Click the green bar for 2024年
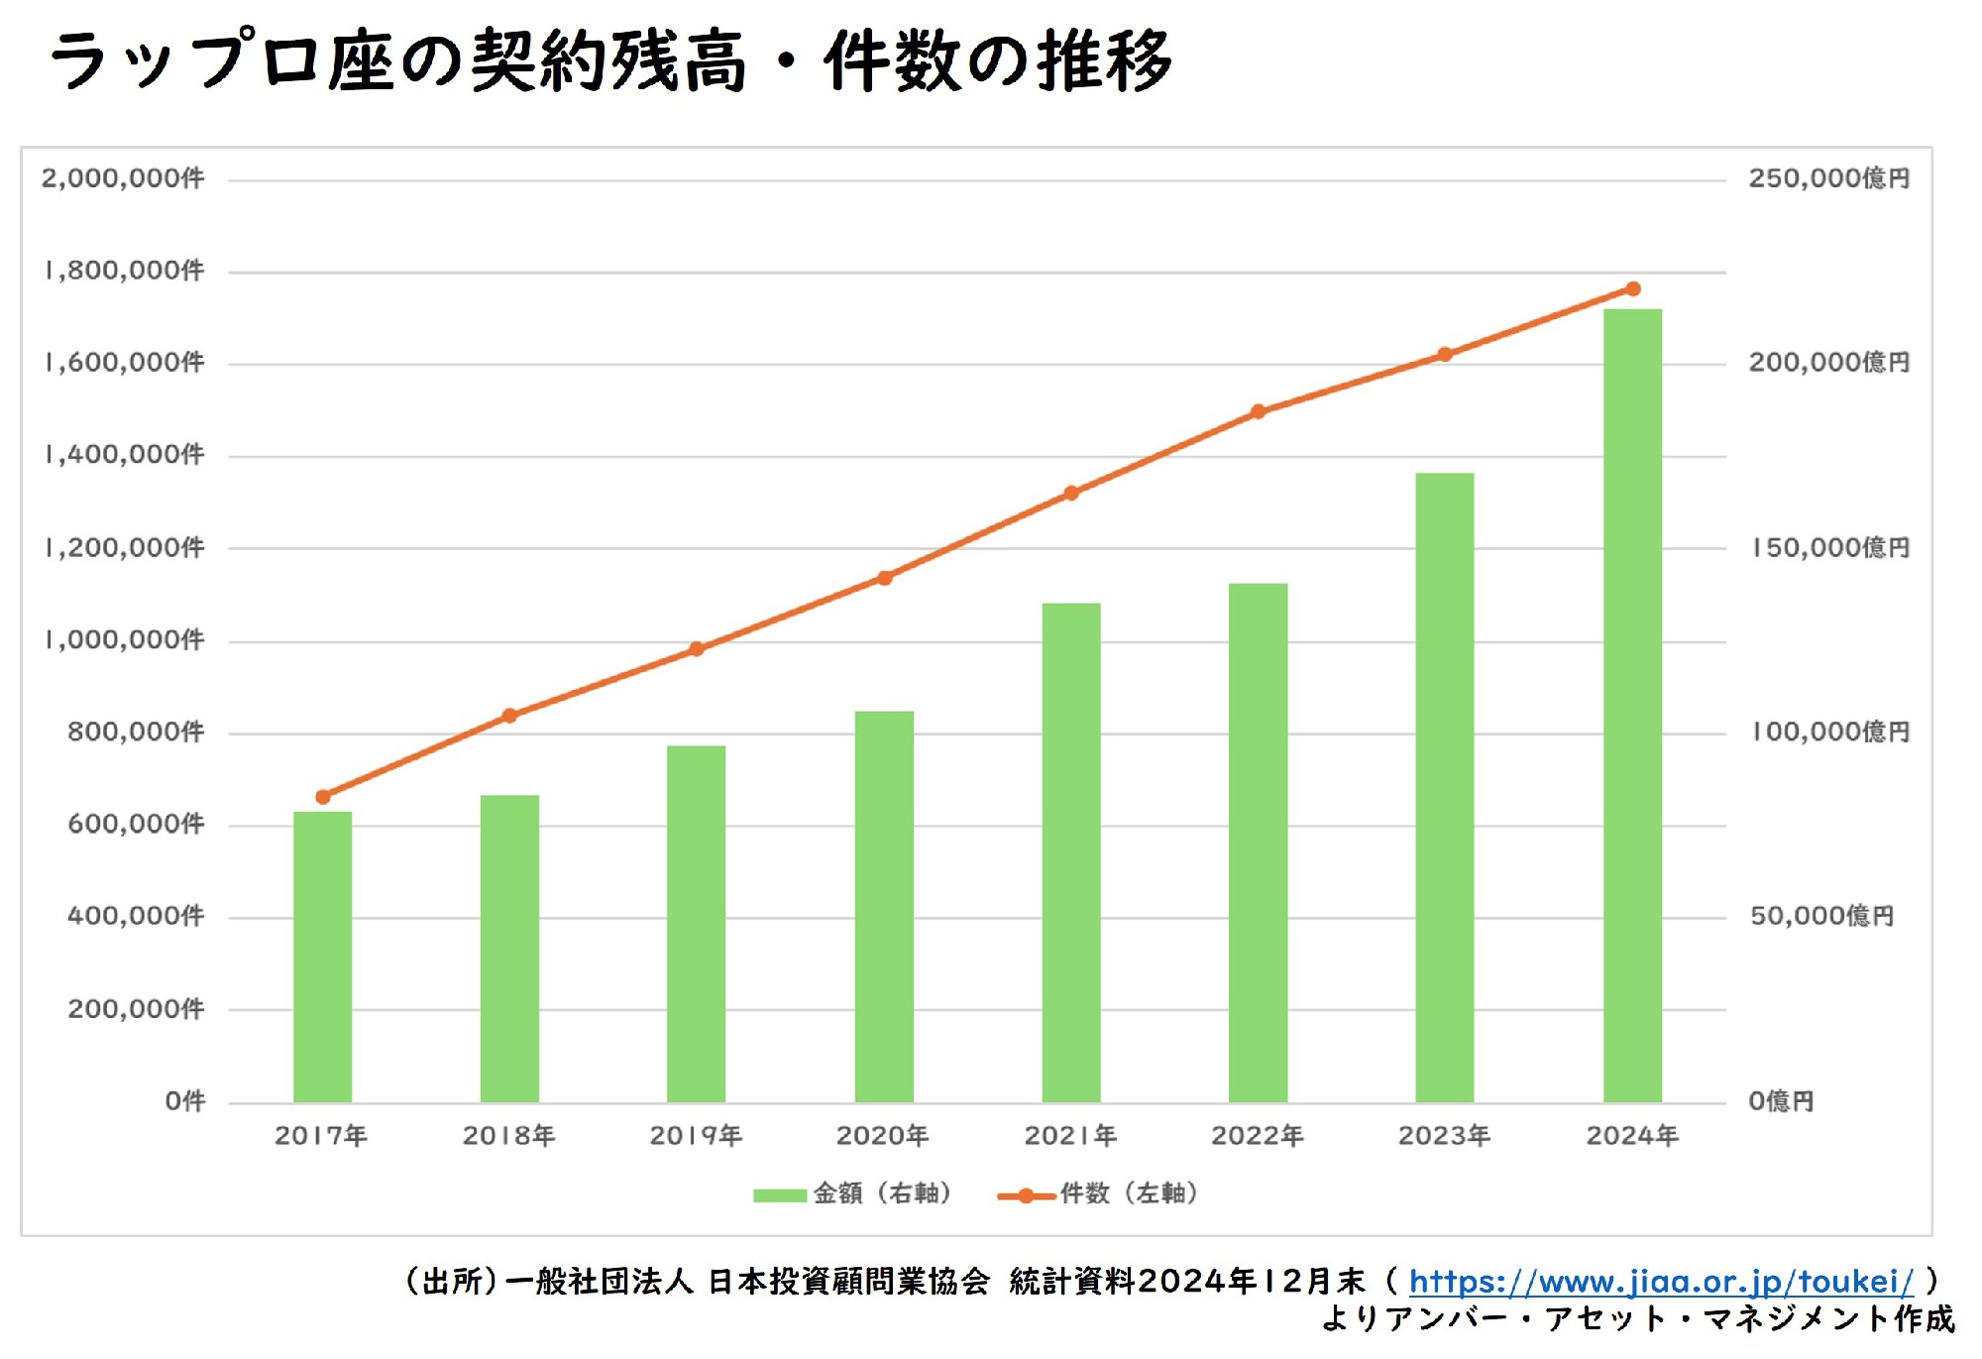point(1632,704)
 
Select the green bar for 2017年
point(322,957)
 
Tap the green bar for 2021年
point(1070,852)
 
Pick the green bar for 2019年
point(696,922)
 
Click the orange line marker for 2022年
point(1258,411)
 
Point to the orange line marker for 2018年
point(509,716)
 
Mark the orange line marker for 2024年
point(1633,289)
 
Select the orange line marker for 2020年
point(885,578)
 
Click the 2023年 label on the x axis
point(1444,1136)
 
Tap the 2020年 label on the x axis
point(882,1136)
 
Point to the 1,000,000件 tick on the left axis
point(124,640)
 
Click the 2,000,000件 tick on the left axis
point(122,178)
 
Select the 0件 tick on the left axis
point(185,1101)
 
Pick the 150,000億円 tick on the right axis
point(1829,548)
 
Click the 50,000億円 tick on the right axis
point(1821,916)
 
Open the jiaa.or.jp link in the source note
point(1661,1282)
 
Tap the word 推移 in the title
point(1105,61)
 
